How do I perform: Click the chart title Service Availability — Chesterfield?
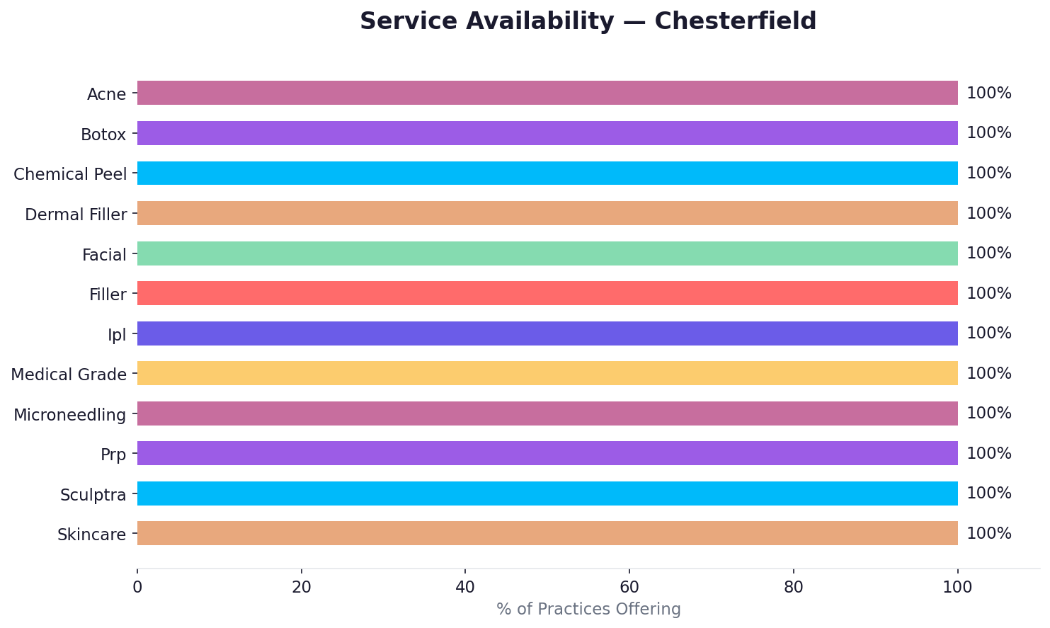588,21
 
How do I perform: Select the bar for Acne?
547,93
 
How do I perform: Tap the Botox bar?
547,133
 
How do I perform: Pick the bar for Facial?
547,253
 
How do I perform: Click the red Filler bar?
547,293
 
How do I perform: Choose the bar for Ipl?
547,333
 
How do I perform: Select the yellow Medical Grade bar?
547,373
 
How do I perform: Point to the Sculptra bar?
547,493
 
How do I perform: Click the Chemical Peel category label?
70,174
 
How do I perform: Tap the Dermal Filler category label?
76,215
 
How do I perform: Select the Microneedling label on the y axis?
69,415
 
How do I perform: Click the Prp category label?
113,455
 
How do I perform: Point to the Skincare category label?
91,535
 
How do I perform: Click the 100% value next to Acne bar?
988,93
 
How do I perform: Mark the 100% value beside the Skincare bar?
988,534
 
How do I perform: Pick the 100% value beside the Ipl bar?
988,333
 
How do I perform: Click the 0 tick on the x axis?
137,587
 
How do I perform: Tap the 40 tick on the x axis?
465,587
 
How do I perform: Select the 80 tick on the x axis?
794,587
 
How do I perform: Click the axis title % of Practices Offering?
588,610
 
